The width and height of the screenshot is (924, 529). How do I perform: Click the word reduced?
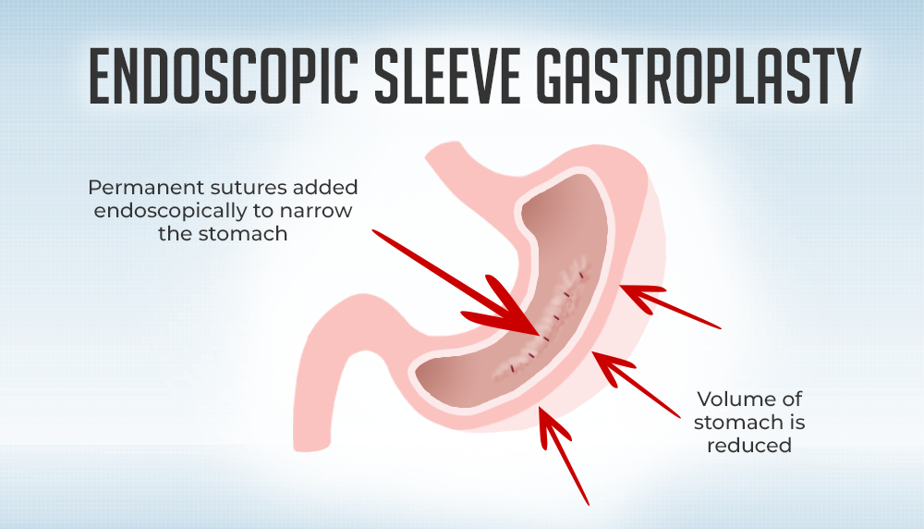click(749, 446)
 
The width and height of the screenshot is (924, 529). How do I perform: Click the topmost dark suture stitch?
click(582, 276)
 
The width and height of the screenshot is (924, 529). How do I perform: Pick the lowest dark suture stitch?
click(514, 367)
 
